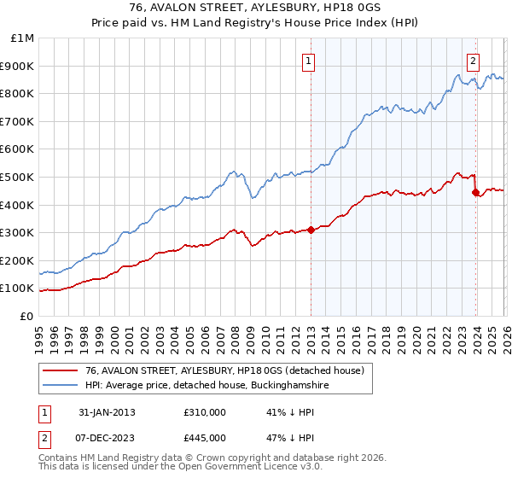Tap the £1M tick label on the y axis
point(23,38)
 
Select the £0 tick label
point(26,316)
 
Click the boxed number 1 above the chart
point(306,61)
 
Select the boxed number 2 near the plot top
point(472,61)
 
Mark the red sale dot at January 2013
point(311,229)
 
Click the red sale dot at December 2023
point(475,192)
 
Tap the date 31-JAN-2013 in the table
point(107,412)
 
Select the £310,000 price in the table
point(205,412)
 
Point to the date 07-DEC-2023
point(107,438)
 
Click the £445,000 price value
point(205,438)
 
